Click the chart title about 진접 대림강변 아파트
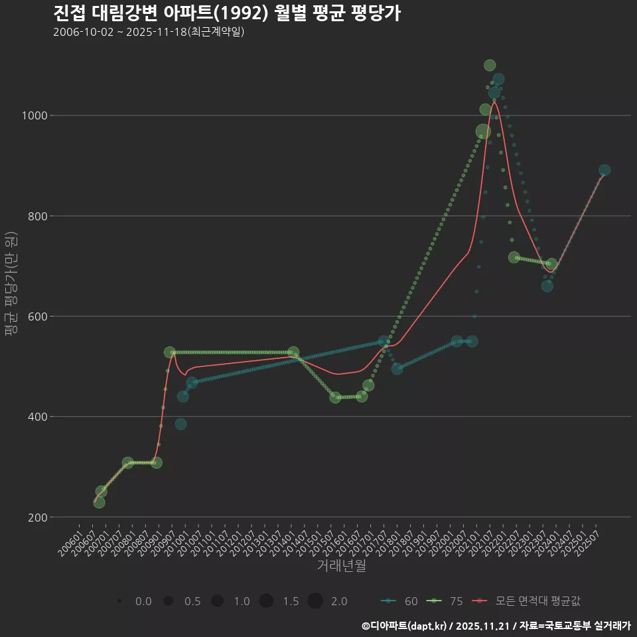coord(226,13)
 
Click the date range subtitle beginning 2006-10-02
coord(149,32)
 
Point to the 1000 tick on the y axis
coord(33,115)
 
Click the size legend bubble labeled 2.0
coord(315,601)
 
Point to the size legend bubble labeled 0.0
coord(119,601)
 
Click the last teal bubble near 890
coord(604,171)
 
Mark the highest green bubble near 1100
coord(490,65)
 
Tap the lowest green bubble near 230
coord(99,502)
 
